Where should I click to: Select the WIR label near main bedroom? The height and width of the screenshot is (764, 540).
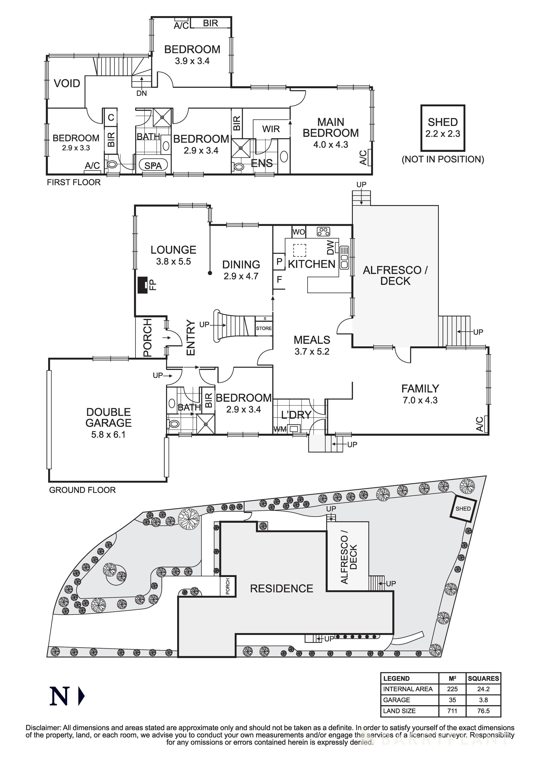coord(271,129)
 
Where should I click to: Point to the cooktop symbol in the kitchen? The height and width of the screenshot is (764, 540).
coord(323,232)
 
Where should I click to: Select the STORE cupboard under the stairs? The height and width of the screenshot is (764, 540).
coord(264,328)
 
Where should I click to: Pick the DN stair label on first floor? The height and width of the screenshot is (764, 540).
coord(141,93)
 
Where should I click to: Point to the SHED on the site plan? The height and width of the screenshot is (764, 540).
coord(463,508)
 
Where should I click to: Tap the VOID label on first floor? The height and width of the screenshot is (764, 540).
coord(67,83)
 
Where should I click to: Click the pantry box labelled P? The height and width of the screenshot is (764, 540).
coord(279,262)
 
